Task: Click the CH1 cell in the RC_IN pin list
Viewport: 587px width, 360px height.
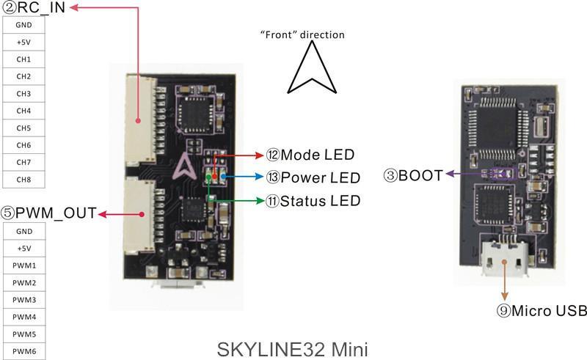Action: pos(23,59)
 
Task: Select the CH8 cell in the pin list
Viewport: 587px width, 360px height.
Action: pos(23,179)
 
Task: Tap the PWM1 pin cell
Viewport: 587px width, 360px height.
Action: pos(23,265)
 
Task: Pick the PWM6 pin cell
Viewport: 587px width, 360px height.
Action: pos(23,351)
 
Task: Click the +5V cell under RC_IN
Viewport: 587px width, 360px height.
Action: pos(23,43)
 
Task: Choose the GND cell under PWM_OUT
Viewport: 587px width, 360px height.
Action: pos(23,231)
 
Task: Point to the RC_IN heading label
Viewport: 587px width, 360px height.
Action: pos(35,8)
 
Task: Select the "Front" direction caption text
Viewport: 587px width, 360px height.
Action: pos(302,34)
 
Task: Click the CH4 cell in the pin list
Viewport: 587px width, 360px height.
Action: pos(23,111)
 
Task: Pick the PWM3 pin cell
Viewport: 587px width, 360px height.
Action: pos(23,300)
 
